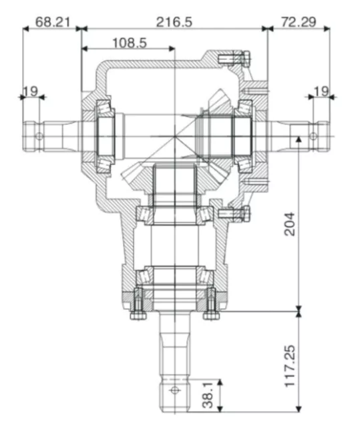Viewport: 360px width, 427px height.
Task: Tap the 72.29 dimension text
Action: (x=298, y=21)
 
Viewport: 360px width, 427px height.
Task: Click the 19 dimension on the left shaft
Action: (x=31, y=90)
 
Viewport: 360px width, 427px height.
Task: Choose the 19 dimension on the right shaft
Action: (x=321, y=90)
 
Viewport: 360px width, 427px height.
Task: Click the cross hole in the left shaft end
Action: (x=39, y=136)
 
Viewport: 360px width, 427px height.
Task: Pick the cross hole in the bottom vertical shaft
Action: (x=175, y=390)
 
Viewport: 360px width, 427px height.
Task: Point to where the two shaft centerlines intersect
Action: (x=175, y=137)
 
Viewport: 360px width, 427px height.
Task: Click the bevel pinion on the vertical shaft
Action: (x=174, y=180)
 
